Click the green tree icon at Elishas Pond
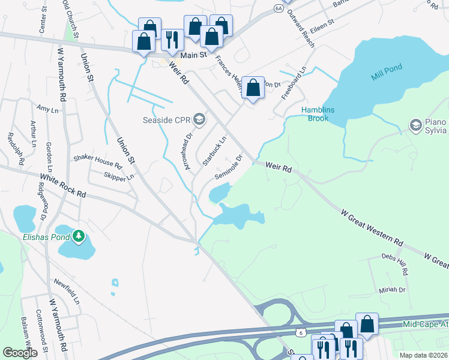click(79, 236)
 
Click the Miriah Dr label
click(393, 289)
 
